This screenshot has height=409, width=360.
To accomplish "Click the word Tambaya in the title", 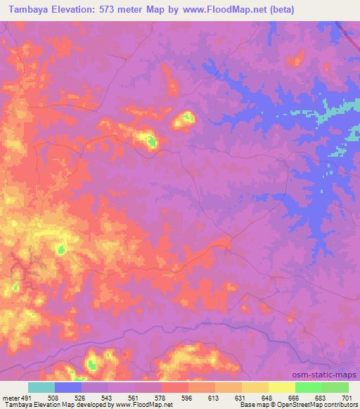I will coord(29,10).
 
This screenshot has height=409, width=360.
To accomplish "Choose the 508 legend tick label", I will coord(55,398).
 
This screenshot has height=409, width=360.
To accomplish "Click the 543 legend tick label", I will coord(108,398).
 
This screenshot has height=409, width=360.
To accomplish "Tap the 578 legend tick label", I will coord(161,398).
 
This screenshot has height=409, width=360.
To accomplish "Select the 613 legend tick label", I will coord(214,398).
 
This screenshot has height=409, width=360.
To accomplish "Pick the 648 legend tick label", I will coord(268,398).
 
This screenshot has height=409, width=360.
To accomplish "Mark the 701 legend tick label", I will coord(347,398).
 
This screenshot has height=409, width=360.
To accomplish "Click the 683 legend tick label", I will coord(321,398).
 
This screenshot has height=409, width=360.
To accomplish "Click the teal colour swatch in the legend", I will coord(41,387).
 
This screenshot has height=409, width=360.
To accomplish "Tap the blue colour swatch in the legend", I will coord(68,387).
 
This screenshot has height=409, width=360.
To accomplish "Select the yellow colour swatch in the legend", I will coord(281,387).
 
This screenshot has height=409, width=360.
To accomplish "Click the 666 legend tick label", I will coord(295,398).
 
